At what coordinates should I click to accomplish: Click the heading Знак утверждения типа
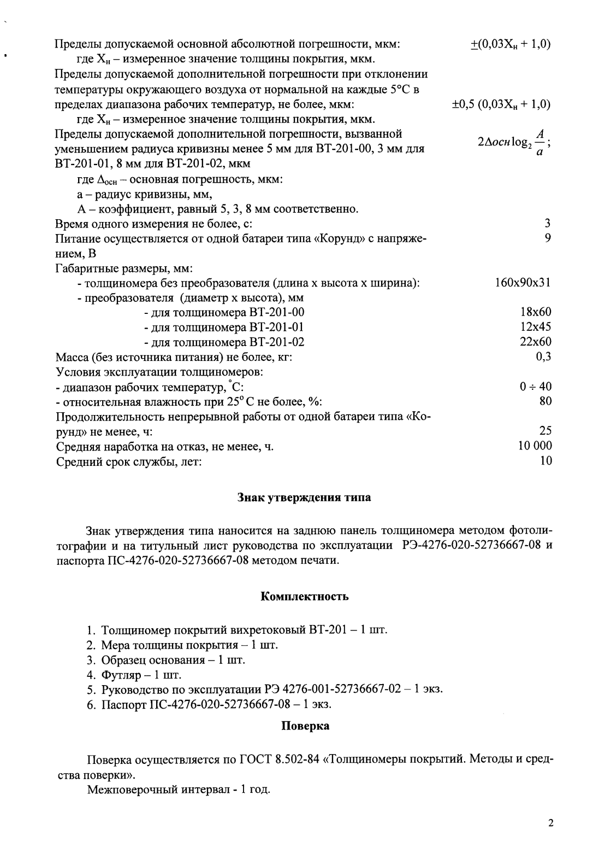coord(304,497)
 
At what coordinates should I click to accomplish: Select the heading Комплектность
coord(304,596)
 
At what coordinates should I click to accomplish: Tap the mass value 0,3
coord(543,357)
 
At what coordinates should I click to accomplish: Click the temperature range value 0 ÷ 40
coord(535,387)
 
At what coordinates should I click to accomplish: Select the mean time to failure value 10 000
coord(535,446)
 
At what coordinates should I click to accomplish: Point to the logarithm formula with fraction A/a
coord(513,141)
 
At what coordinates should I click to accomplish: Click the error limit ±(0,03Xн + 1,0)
coord(510,44)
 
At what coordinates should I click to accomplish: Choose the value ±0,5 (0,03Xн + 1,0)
coord(501,104)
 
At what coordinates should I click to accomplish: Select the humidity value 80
coord(545,401)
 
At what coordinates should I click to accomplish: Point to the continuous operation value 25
coord(545,431)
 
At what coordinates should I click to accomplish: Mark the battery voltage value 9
coord(547,238)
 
